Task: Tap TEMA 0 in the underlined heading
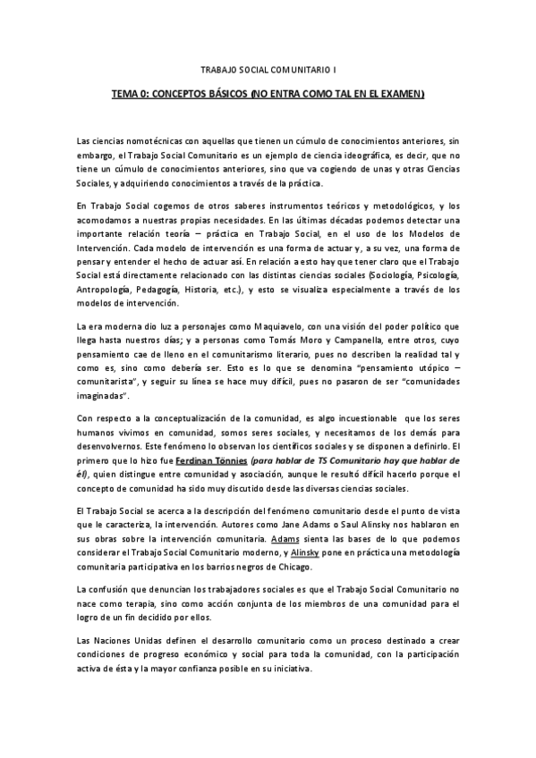[131, 94]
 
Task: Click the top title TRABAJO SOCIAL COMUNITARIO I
[268, 67]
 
